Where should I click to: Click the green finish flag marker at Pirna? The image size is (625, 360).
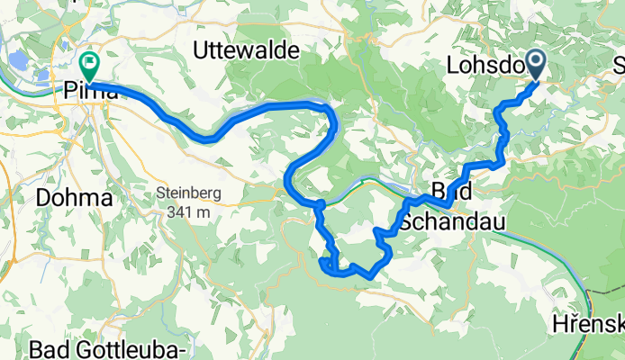click(89, 65)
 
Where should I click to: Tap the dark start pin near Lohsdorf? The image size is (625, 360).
click(535, 64)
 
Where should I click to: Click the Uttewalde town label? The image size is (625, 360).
click(247, 52)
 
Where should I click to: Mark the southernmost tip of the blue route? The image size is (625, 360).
click(369, 275)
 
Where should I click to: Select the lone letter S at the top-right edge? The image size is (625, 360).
click(619, 66)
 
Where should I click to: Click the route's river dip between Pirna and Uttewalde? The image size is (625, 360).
click(205, 138)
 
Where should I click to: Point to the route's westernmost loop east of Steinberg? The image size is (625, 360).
click(288, 180)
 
